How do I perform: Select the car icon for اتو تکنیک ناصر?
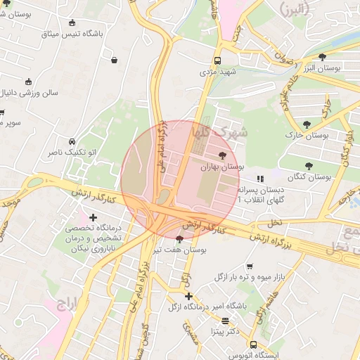(x=72, y=141)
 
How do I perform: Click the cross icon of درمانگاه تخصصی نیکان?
(x=93, y=218)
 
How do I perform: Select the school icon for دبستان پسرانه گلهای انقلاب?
(x=259, y=179)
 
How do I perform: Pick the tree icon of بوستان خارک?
(x=307, y=124)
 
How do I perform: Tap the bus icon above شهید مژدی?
(x=217, y=60)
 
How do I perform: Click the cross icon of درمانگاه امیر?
(x=188, y=296)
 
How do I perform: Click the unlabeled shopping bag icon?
(x=114, y=60)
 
